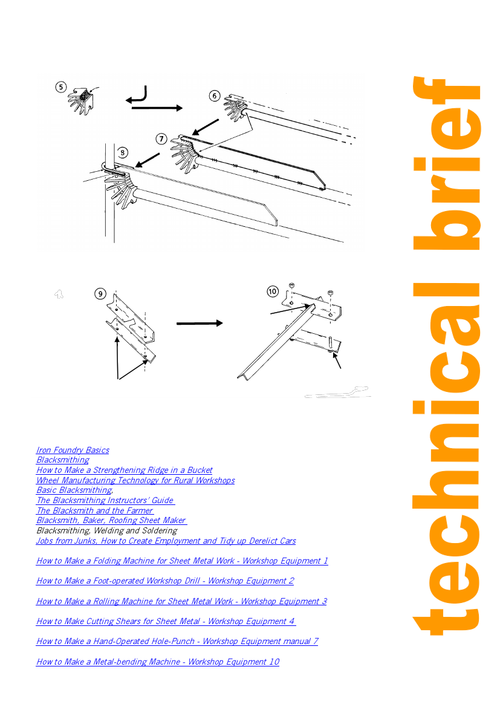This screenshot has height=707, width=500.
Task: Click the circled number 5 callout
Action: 61,87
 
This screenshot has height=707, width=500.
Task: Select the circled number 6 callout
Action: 215,96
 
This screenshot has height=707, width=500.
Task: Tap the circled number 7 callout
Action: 161,139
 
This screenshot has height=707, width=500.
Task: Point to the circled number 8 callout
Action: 122,153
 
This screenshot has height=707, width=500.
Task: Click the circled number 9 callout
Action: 100,294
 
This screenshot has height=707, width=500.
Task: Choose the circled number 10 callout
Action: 272,292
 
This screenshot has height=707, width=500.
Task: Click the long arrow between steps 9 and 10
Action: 200,324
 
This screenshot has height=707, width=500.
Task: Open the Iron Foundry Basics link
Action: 73,450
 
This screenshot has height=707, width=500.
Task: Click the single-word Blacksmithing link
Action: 63,460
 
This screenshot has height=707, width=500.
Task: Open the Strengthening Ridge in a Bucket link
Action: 125,470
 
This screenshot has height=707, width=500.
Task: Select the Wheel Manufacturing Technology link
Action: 135,480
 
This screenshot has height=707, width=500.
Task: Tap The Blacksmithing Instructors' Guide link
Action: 105,500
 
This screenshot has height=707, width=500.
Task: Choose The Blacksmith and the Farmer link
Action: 95,510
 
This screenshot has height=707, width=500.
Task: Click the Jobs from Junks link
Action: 166,541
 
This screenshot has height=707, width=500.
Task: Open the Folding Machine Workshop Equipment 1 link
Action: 182,561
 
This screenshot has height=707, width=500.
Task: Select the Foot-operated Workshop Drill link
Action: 165,581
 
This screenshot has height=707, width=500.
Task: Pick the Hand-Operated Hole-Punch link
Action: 177,641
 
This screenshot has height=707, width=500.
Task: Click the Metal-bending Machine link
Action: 158,662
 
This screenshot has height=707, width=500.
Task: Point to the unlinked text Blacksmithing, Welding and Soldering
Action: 107,530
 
